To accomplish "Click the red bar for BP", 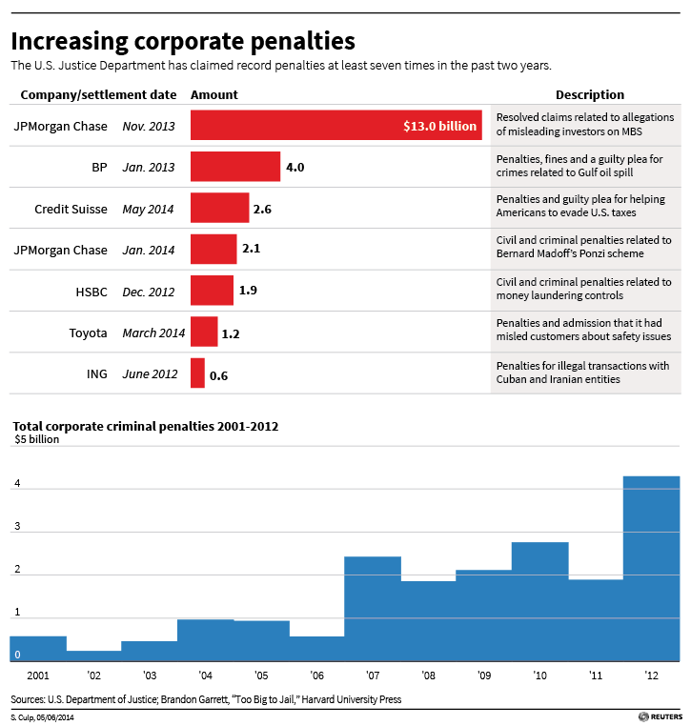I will pyautogui.click(x=235, y=167).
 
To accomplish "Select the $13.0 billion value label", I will pyautogui.click(x=439, y=126).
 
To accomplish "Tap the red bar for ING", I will pyautogui.click(x=197, y=373).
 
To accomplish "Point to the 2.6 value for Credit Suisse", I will pyautogui.click(x=263, y=209).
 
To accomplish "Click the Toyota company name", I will pyautogui.click(x=88, y=333).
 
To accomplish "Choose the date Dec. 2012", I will pyautogui.click(x=149, y=292).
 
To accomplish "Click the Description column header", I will pyautogui.click(x=589, y=95).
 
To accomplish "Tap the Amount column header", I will pyautogui.click(x=214, y=95).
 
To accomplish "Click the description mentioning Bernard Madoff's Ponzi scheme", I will pyautogui.click(x=584, y=248).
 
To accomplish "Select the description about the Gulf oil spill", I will pyautogui.click(x=579, y=166).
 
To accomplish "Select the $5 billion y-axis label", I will pyautogui.click(x=35, y=439).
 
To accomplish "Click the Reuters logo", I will pyautogui.click(x=661, y=716).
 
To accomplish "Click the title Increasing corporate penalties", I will pyautogui.click(x=183, y=42).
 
